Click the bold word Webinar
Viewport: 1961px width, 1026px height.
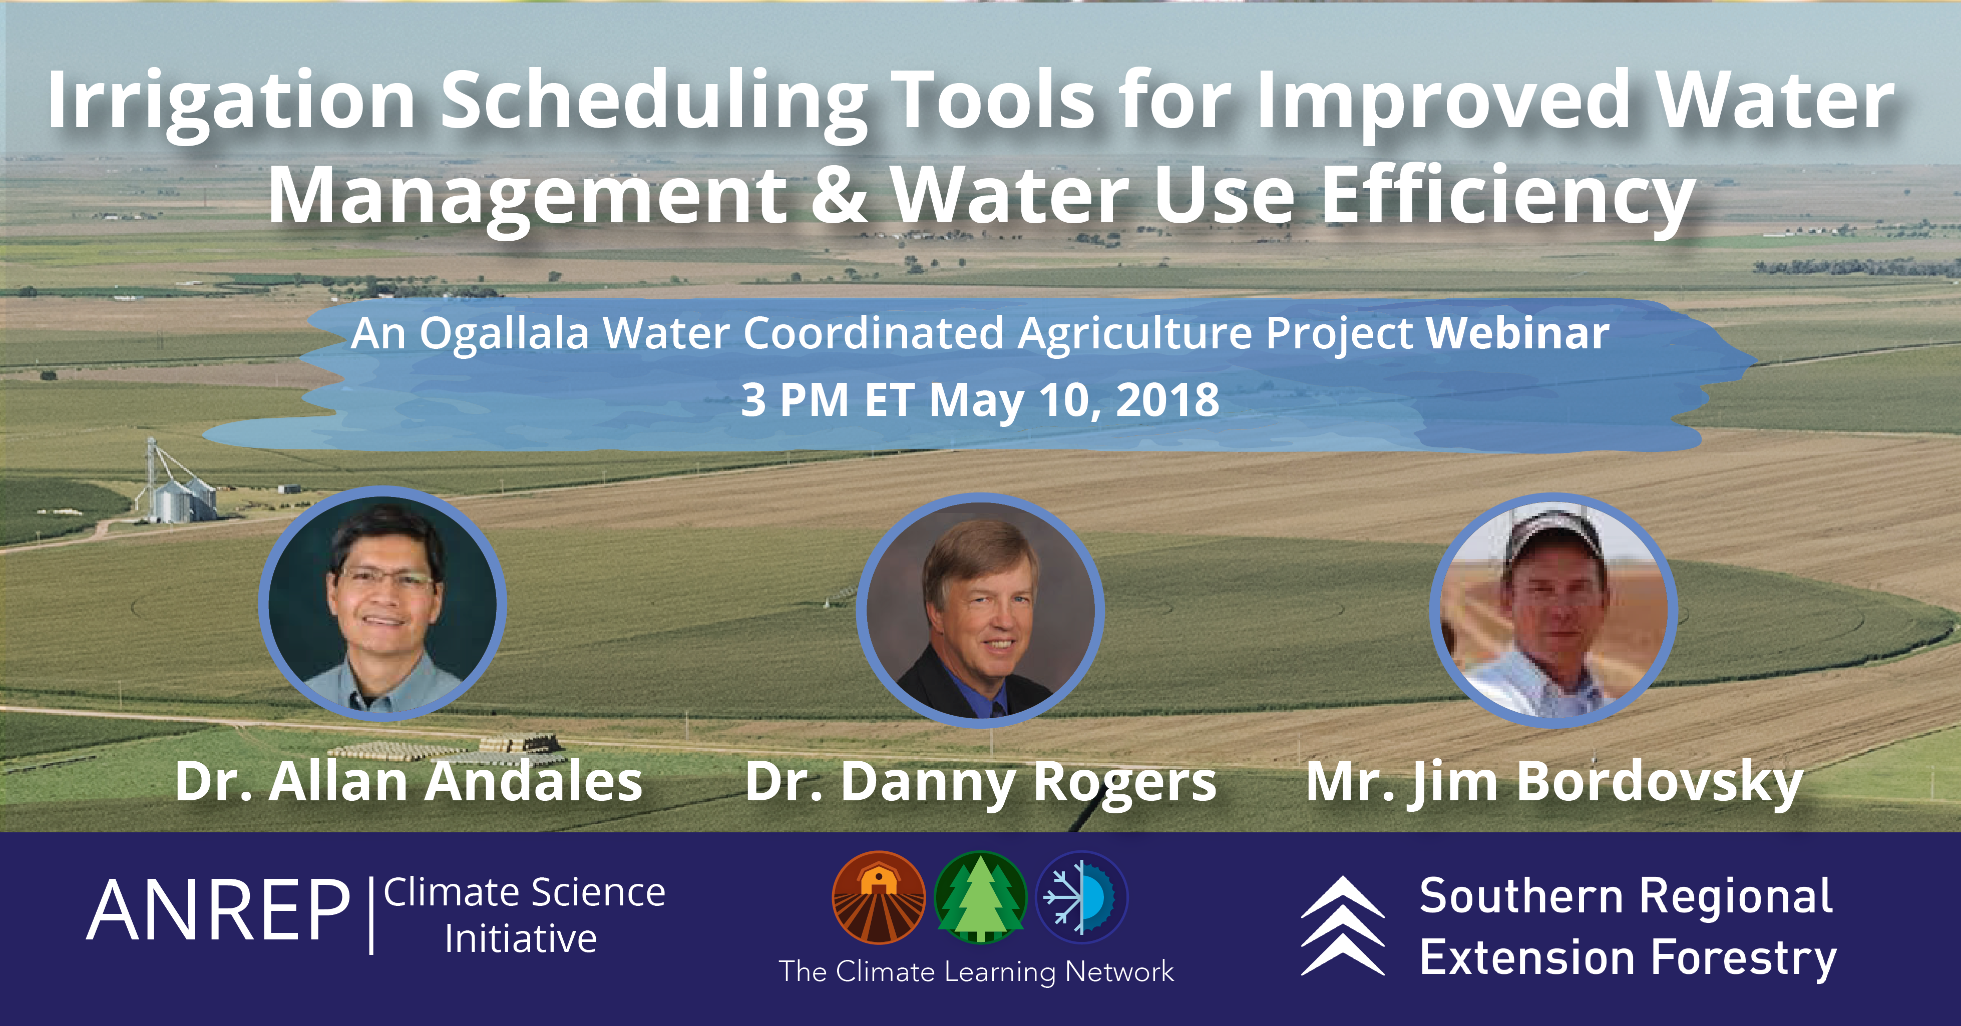(x=1517, y=333)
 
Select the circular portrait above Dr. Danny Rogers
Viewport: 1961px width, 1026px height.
(x=980, y=610)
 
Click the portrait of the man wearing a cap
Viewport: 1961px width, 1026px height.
(x=1553, y=610)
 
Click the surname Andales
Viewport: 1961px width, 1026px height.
(x=533, y=782)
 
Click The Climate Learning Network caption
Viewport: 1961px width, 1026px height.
(x=976, y=972)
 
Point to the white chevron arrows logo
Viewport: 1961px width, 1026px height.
(x=1342, y=925)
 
